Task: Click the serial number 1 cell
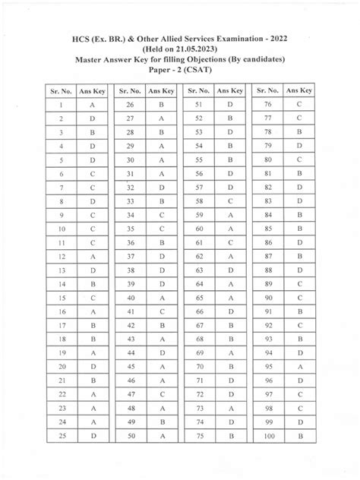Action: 59,105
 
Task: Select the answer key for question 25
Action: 92,437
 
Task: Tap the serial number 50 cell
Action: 130,437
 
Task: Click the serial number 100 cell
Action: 268,437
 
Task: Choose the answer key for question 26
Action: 162,105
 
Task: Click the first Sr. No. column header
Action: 59,90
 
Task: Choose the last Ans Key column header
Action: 300,90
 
